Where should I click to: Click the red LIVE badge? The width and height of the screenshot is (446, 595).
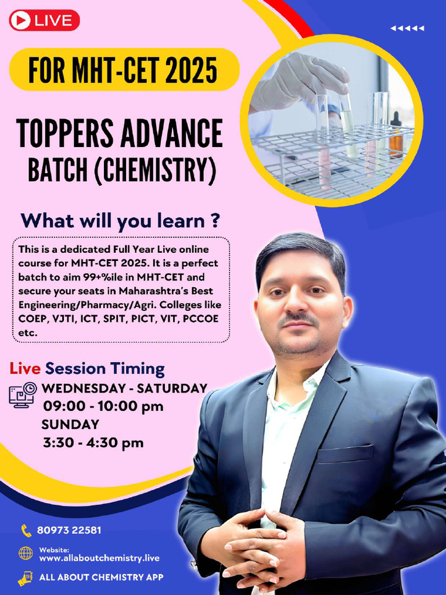[x=44, y=20]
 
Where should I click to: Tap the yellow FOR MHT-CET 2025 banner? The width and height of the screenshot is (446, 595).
[x=124, y=70]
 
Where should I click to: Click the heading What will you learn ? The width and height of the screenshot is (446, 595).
[x=120, y=221]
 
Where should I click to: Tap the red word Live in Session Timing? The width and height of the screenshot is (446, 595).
[x=25, y=368]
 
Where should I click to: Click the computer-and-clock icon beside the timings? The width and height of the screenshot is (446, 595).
[x=23, y=395]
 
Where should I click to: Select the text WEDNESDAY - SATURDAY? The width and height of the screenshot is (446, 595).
[x=125, y=388]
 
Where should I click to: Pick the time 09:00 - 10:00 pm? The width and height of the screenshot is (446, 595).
[x=103, y=406]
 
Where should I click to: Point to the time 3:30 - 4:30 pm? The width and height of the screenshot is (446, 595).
[x=93, y=443]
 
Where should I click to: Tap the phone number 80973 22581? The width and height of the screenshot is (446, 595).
[x=69, y=530]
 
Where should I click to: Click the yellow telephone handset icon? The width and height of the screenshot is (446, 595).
[x=26, y=530]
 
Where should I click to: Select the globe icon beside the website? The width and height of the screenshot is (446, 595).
[x=26, y=553]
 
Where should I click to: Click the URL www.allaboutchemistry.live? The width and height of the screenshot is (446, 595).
[x=99, y=558]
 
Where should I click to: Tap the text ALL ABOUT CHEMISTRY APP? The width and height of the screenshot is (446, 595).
[x=101, y=578]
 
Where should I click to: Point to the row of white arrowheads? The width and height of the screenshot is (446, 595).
[x=407, y=28]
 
